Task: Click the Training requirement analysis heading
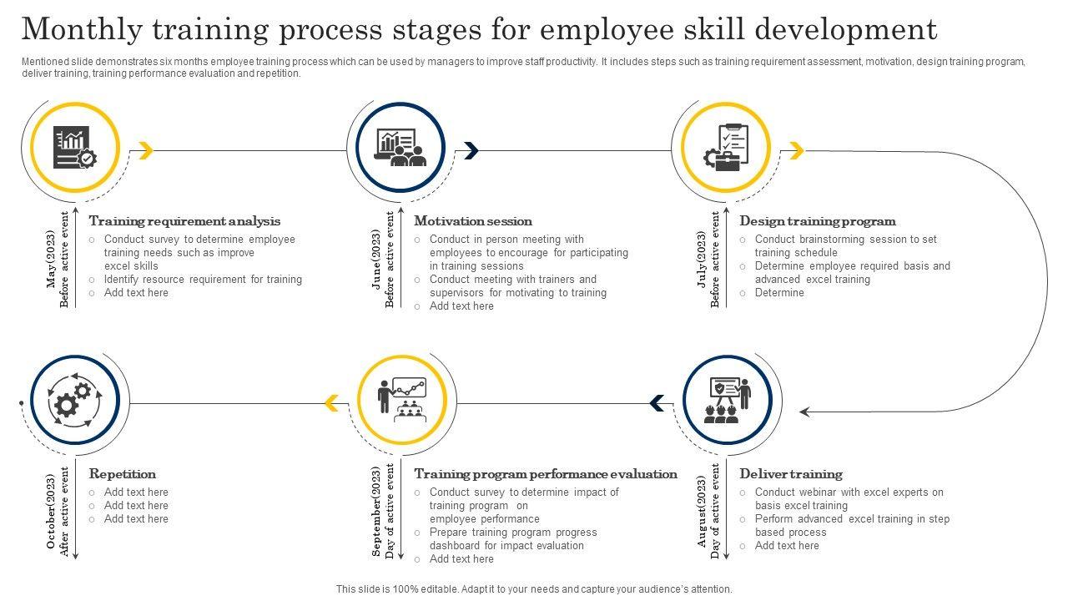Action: click(184, 221)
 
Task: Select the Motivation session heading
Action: click(473, 221)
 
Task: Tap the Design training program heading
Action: click(818, 221)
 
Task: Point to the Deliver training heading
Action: click(791, 474)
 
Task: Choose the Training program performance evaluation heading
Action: click(546, 474)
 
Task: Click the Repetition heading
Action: click(123, 474)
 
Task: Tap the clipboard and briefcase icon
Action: click(726, 147)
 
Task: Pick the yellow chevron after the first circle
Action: click(146, 150)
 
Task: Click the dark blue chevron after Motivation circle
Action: click(471, 150)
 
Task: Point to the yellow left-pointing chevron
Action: click(331, 404)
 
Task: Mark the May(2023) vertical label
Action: click(52, 259)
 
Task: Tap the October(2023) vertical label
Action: click(52, 511)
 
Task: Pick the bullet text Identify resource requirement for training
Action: click(203, 280)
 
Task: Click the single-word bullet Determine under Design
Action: click(779, 293)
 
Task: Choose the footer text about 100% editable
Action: click(534, 588)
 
